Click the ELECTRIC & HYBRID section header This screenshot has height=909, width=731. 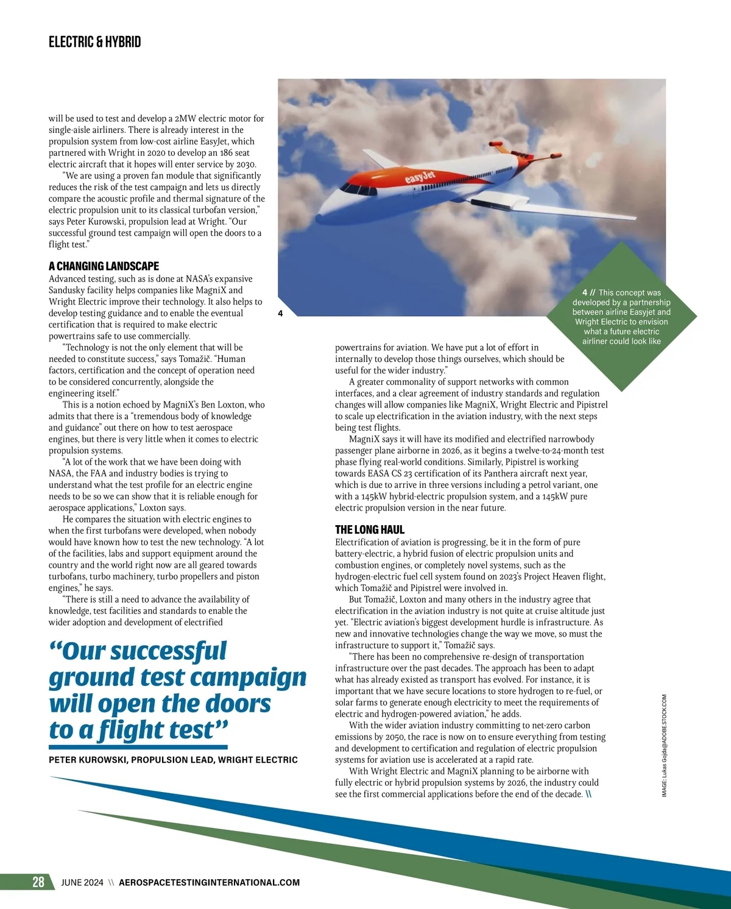click(x=94, y=42)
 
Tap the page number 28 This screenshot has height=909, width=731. click(x=38, y=882)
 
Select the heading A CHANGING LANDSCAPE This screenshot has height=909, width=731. click(x=104, y=266)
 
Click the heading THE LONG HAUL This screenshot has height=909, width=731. click(x=369, y=529)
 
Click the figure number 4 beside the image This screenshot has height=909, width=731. click(x=280, y=314)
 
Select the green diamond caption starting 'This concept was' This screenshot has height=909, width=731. click(x=621, y=317)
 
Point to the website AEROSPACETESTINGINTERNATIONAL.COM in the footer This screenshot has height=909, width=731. click(x=210, y=882)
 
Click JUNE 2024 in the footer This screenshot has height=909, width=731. click(x=82, y=882)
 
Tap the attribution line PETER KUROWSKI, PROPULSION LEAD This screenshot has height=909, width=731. click(x=173, y=760)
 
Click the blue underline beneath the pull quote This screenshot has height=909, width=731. click(x=138, y=746)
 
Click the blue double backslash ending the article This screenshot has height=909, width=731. click(x=588, y=794)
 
